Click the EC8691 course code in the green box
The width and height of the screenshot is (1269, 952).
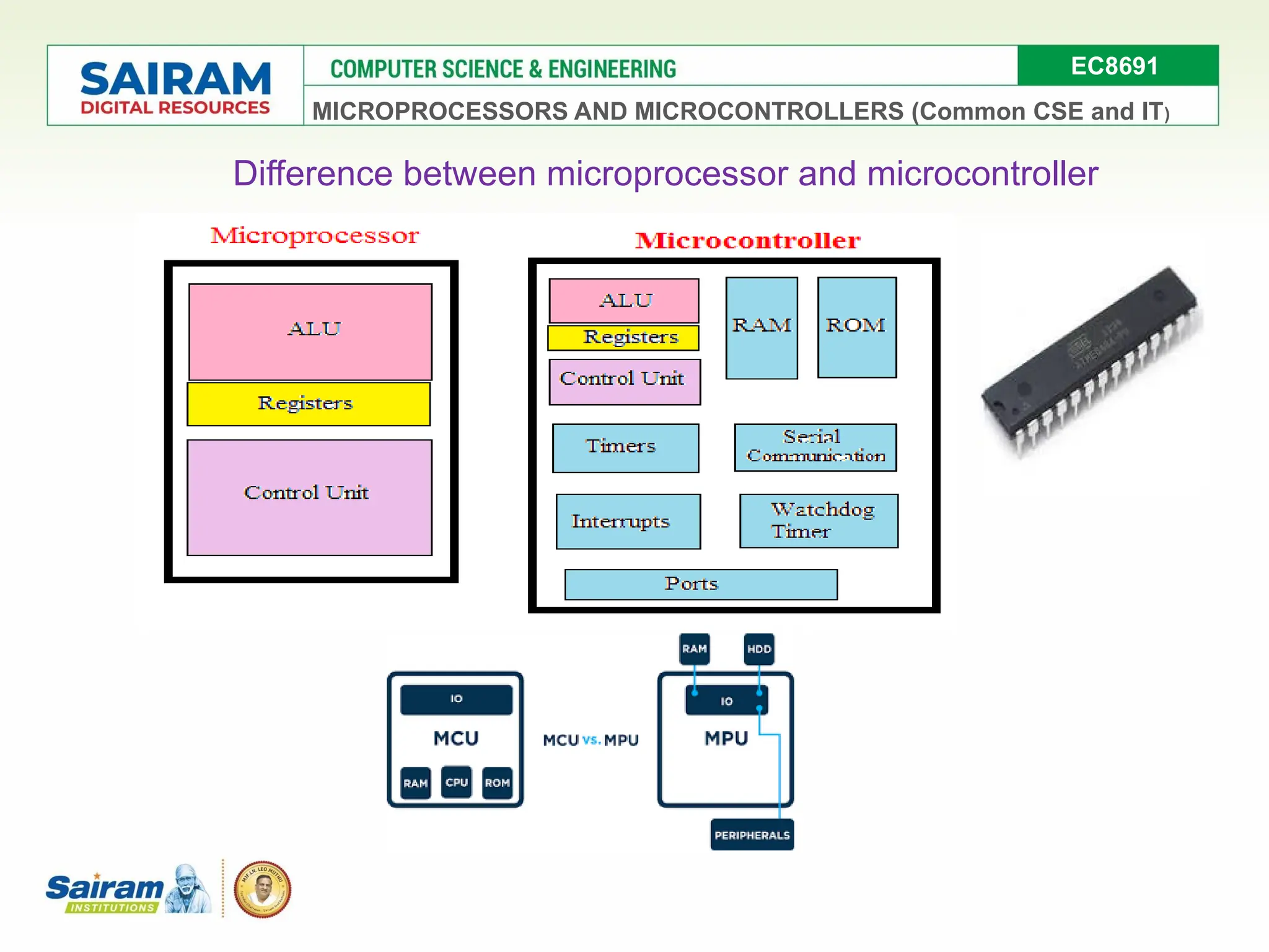click(x=1114, y=66)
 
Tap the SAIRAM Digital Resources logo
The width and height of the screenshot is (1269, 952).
click(x=175, y=87)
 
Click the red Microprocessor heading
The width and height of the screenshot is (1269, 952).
click(x=314, y=236)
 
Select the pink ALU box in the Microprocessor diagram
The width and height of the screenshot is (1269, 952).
click(x=310, y=332)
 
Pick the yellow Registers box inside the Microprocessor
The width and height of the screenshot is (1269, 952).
click(x=308, y=403)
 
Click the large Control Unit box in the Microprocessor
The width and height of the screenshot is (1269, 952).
click(x=309, y=497)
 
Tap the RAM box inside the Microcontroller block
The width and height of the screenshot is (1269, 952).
click(x=761, y=327)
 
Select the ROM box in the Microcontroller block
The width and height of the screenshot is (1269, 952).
click(x=856, y=327)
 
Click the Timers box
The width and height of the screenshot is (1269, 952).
click(x=625, y=447)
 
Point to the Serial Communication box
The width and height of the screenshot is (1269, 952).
click(x=815, y=447)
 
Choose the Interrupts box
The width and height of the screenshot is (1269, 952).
click(x=628, y=521)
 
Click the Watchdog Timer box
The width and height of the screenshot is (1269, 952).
click(x=818, y=521)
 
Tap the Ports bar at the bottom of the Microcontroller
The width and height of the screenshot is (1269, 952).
click(x=700, y=584)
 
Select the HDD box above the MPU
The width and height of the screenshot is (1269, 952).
click(x=758, y=649)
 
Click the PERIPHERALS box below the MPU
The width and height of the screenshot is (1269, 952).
click(x=752, y=835)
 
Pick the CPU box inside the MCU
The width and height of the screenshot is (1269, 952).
click(x=456, y=782)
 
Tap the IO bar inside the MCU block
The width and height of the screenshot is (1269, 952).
click(x=456, y=699)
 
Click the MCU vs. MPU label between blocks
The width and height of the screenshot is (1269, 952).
click(x=591, y=740)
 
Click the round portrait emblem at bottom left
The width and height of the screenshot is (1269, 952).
click(x=262, y=889)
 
